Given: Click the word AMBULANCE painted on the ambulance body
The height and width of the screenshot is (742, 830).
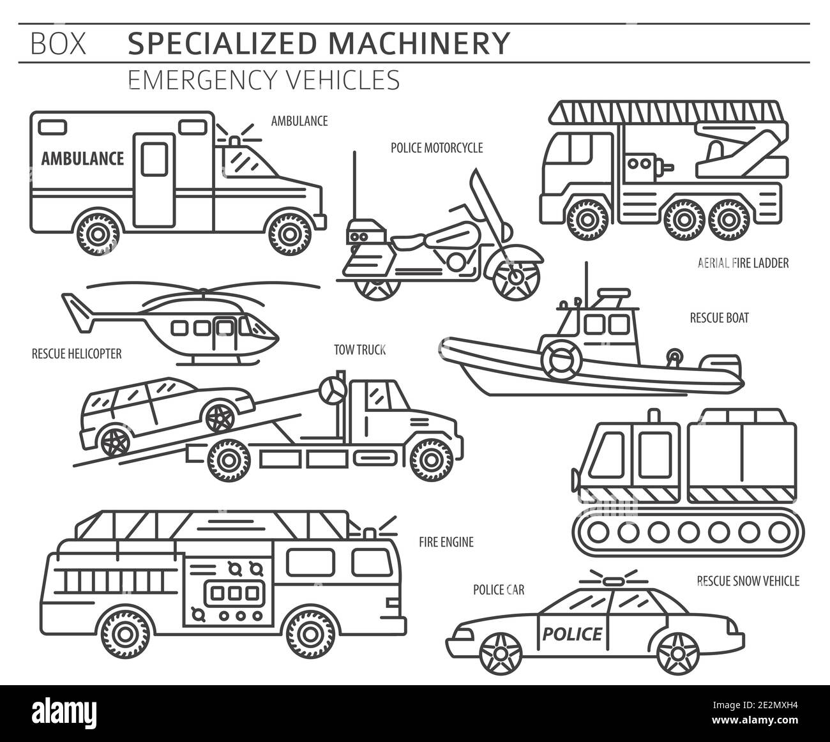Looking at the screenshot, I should (x=82, y=158).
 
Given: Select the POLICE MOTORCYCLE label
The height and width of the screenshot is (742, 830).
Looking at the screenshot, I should (x=437, y=148).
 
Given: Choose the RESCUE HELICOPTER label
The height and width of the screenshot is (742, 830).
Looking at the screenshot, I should (x=77, y=353).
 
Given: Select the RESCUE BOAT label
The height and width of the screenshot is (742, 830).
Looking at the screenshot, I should (x=719, y=317).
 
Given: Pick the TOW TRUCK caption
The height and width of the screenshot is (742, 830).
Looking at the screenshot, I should (x=360, y=349).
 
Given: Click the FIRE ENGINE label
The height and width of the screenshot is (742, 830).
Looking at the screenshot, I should (x=446, y=542).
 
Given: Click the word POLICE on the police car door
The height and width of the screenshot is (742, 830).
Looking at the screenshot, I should (x=572, y=634).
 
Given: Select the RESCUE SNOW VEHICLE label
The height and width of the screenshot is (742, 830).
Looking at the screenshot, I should (x=748, y=580).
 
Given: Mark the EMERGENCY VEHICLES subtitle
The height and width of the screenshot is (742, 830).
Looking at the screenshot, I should (x=264, y=80).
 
